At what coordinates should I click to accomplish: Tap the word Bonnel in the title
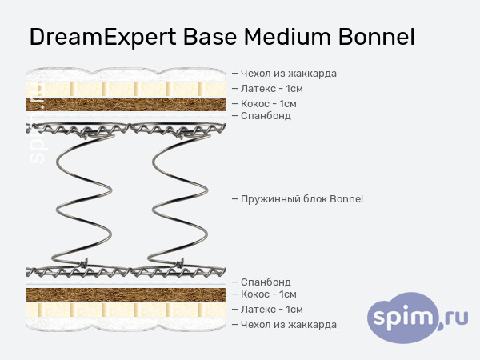377,38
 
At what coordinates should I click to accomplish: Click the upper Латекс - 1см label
272,89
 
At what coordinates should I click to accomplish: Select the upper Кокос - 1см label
269,103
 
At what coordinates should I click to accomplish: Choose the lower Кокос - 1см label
269,294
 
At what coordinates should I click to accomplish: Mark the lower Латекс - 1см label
272,309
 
